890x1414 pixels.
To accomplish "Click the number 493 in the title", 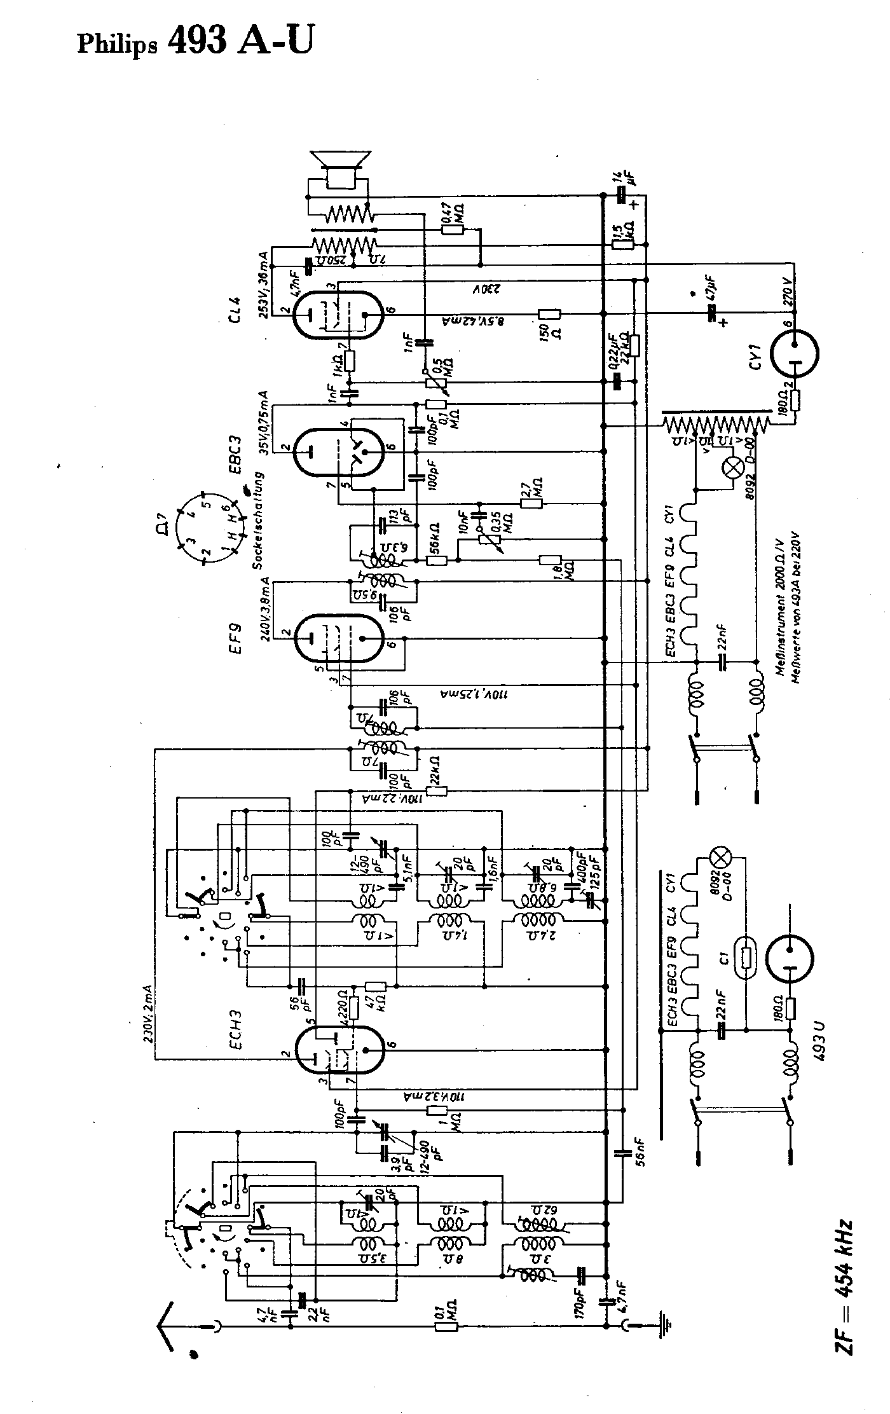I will [x=196, y=41].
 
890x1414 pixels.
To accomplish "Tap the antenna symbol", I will [x=168, y=1322].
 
